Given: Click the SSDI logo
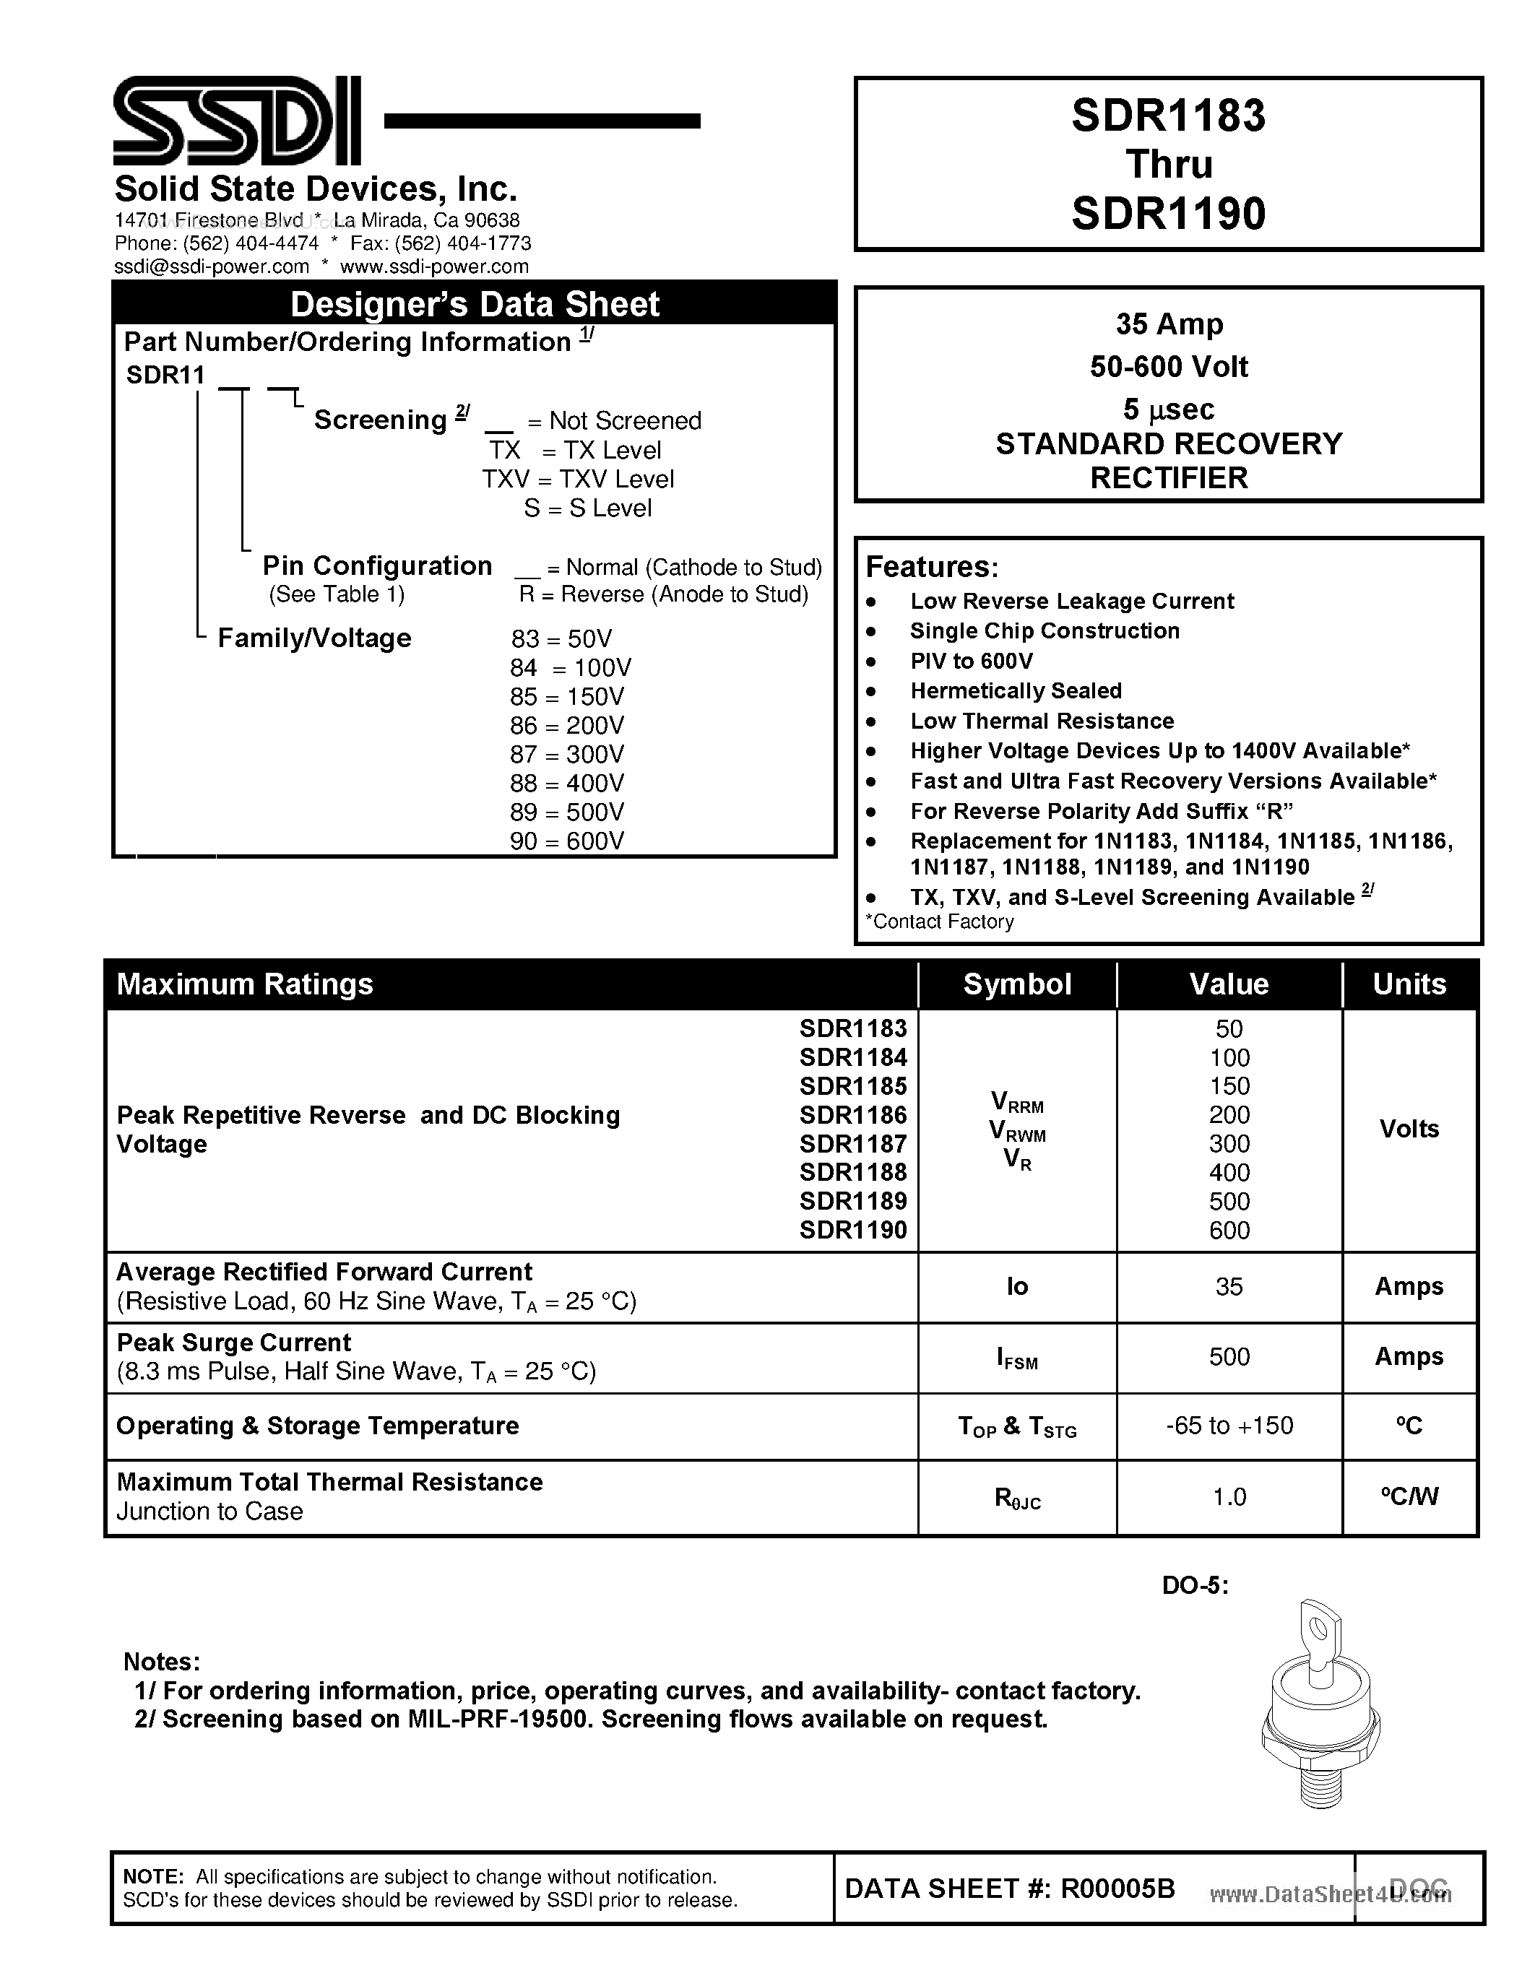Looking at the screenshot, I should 236,120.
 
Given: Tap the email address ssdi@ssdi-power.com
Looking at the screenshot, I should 211,266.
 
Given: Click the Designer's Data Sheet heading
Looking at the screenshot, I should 474,304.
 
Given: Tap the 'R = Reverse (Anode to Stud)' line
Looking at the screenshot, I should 663,594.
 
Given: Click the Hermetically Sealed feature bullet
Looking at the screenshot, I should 1015,691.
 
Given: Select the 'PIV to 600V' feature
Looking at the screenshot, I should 970,661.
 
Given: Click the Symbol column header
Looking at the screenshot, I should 1016,984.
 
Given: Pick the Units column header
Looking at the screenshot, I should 1409,984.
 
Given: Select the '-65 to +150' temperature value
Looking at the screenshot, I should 1229,1426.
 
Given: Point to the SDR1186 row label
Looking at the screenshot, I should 852,1115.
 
